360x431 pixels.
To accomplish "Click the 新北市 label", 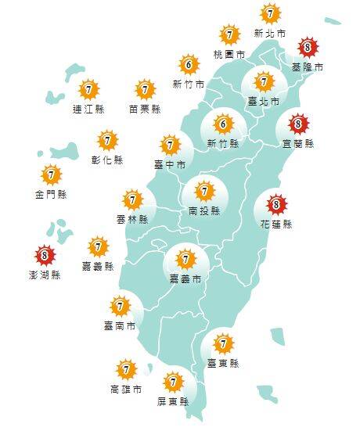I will tap(269, 34).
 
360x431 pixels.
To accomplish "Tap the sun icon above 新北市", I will tap(270, 14).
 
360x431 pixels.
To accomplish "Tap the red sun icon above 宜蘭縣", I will tap(298, 124).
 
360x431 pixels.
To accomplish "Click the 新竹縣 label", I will tap(223, 144).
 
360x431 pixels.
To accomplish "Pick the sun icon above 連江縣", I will tap(88, 90).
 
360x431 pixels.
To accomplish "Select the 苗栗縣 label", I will tap(145, 110).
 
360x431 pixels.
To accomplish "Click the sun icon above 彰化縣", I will tap(108, 141).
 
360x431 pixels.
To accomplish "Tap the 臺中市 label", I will tap(170, 165).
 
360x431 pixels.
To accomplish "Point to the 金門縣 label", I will tap(51, 194).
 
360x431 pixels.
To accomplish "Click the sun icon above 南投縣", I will tap(204, 191).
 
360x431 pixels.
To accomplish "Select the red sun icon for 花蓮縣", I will tap(275, 206).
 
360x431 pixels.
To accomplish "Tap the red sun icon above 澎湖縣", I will tap(45, 255).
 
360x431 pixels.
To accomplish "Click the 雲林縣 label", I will tap(132, 221).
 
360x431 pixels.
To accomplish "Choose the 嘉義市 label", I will tap(185, 278).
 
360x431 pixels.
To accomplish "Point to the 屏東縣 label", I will tap(174, 401).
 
